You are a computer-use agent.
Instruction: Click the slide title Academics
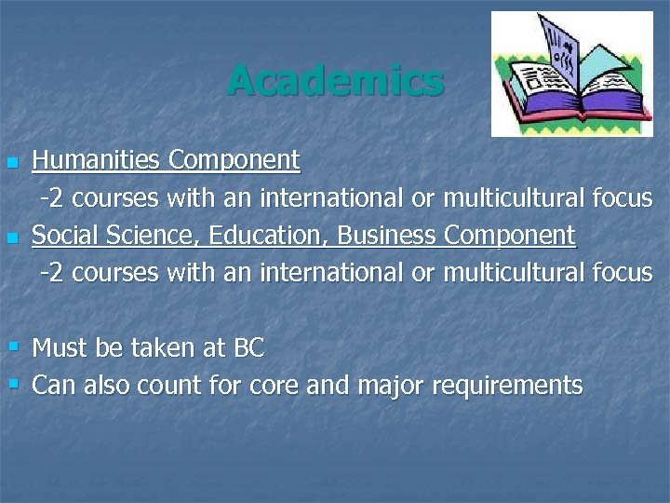335,80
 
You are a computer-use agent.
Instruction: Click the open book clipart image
572,75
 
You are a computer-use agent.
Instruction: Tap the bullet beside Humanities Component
12,163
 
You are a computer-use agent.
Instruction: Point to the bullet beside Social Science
12,238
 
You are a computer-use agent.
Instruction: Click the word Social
60,236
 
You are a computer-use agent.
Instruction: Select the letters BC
248,348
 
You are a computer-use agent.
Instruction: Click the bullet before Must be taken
13,347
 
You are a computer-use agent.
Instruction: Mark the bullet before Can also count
13,383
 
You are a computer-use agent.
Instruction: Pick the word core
273,386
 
